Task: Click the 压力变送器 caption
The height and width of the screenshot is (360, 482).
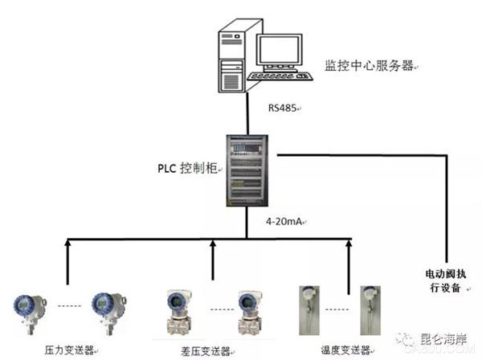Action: [70, 351]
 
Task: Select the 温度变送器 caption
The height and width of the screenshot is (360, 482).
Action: [347, 351]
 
